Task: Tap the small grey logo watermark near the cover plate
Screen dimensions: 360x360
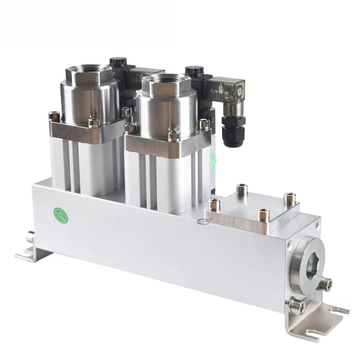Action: [202, 222]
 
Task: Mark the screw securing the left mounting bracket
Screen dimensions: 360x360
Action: [30, 234]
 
